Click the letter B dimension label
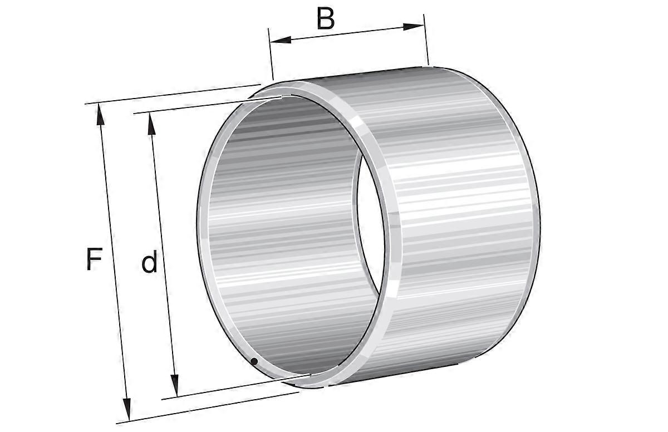[x=326, y=18]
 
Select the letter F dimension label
[x=95, y=259]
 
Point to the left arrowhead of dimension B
[x=278, y=40]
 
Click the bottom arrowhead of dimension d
[x=175, y=386]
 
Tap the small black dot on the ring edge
[x=254, y=362]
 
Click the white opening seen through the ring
[x=369, y=223]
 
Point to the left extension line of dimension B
[x=272, y=56]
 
